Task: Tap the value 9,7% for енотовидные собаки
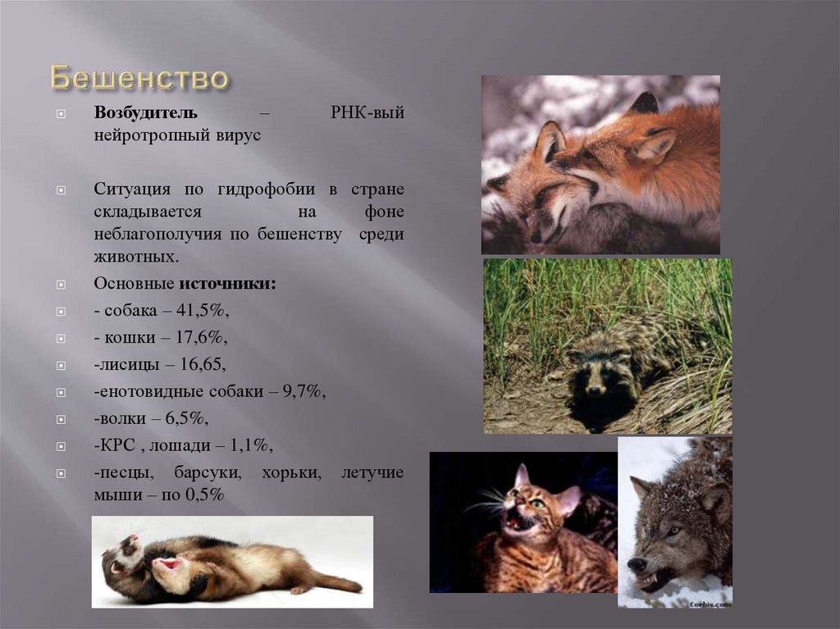click(304, 392)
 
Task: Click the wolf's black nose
click(637, 565)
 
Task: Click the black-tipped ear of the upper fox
click(645, 104)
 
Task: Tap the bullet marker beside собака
click(60, 312)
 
